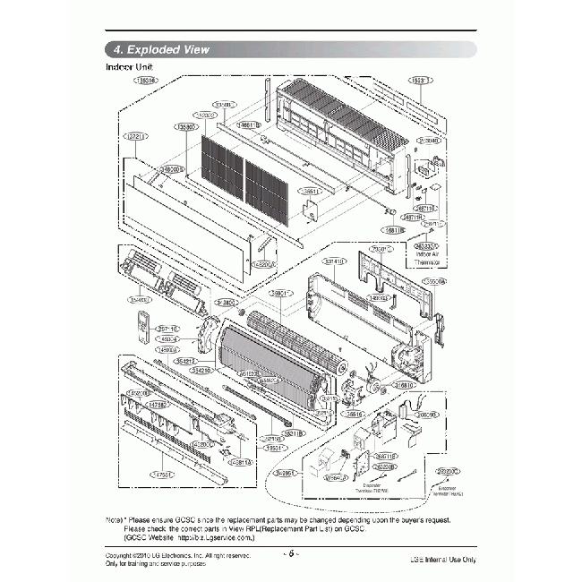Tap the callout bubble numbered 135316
(x=145, y=80)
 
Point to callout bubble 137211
(x=135, y=137)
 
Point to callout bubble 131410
(x=335, y=261)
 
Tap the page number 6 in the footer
(x=291, y=553)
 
